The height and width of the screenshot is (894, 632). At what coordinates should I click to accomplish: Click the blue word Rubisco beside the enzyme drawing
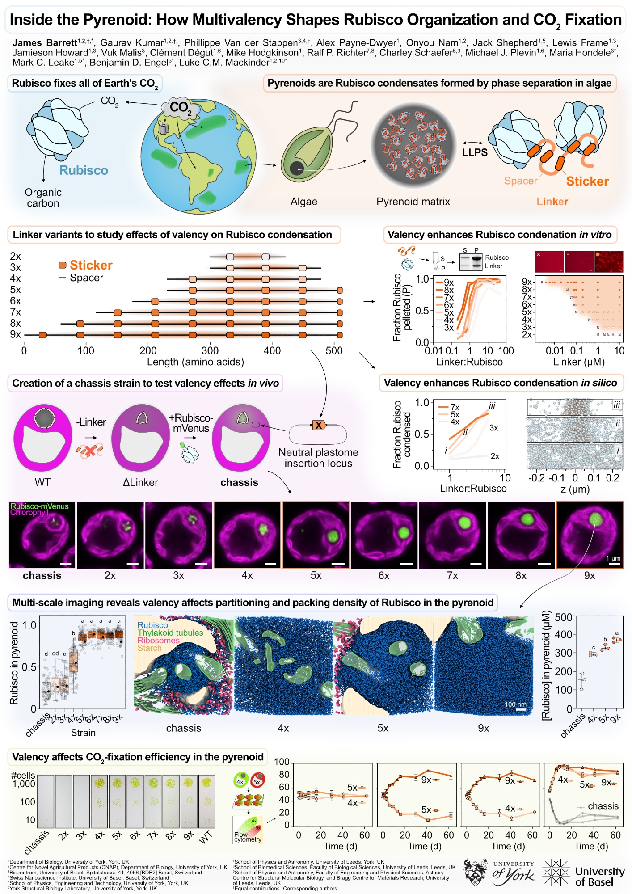coord(84,170)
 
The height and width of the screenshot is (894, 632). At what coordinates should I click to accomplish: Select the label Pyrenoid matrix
coord(413,202)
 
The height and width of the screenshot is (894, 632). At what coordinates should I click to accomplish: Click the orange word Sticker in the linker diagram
coord(587,181)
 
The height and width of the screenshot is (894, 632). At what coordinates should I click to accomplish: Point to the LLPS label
coord(475,152)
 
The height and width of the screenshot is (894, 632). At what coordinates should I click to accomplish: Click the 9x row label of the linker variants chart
coord(15,334)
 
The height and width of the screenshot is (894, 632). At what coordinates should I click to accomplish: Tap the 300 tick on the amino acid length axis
coord(210,351)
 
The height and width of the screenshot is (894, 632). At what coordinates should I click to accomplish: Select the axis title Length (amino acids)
coord(195,362)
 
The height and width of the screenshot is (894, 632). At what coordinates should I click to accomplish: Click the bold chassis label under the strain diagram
coord(239,482)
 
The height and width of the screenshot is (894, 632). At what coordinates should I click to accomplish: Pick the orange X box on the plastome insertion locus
coord(318,425)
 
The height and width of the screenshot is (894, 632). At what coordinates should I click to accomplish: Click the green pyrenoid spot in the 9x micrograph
coord(595,519)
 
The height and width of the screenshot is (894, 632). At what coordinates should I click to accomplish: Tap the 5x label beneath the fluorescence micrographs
coord(316,575)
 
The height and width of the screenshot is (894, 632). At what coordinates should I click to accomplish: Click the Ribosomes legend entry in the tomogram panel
coord(158,640)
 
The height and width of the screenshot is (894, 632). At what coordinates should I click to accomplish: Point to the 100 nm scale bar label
coord(515,704)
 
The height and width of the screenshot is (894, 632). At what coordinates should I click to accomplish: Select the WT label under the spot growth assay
coord(205,837)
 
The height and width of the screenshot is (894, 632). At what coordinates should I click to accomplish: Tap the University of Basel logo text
coord(599,876)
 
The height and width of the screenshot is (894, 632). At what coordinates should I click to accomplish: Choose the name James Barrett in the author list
coord(45,43)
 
